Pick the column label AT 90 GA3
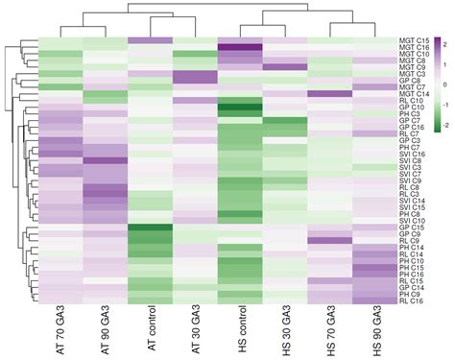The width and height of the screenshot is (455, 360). coord(106,330)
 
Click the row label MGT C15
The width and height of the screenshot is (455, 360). coord(414,39)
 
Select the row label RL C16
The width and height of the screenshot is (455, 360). coord(412,300)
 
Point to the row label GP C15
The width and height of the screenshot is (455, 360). coord(412,228)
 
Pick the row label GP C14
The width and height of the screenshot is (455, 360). coord(412,285)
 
